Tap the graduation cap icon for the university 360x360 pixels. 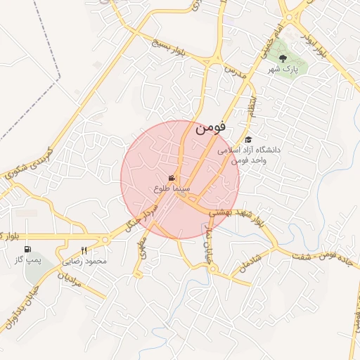pyautogui.click(x=247, y=139)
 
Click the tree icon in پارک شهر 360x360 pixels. pyautogui.click(x=283, y=60)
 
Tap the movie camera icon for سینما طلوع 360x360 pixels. pyautogui.click(x=172, y=178)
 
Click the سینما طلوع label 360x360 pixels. pyautogui.click(x=167, y=188)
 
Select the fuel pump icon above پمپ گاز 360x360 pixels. pyautogui.click(x=27, y=250)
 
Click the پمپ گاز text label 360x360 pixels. pyautogui.click(x=29, y=261)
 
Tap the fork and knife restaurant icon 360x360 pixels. pyautogui.click(x=84, y=250)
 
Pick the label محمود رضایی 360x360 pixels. pyautogui.click(x=85, y=261)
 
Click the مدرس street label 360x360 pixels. pyautogui.click(x=234, y=77)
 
